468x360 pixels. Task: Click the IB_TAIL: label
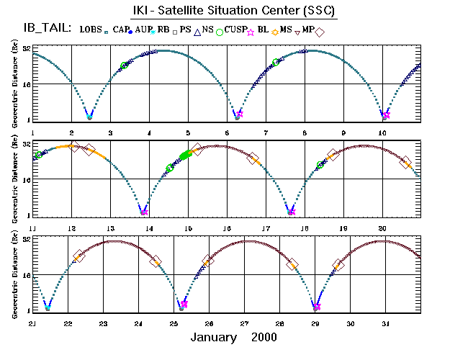click(x=45, y=29)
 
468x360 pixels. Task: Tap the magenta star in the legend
click(x=251, y=32)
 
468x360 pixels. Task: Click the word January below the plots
click(x=214, y=337)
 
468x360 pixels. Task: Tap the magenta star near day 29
click(x=317, y=307)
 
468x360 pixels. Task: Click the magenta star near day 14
click(x=144, y=212)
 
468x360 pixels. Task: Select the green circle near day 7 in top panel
click(x=276, y=63)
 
